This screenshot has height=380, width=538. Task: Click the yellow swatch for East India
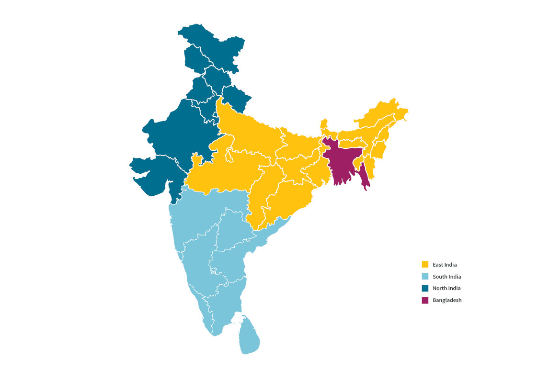click(425, 265)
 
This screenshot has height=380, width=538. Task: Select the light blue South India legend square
click(425, 277)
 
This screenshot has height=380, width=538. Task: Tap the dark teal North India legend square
click(425, 288)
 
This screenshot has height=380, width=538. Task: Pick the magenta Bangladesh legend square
click(425, 300)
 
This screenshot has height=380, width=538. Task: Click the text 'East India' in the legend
click(445, 265)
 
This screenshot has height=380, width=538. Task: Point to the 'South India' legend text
click(446, 277)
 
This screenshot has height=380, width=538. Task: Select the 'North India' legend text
click(446, 288)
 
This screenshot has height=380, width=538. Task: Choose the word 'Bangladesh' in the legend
click(447, 300)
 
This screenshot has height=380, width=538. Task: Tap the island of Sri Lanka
click(249, 337)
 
